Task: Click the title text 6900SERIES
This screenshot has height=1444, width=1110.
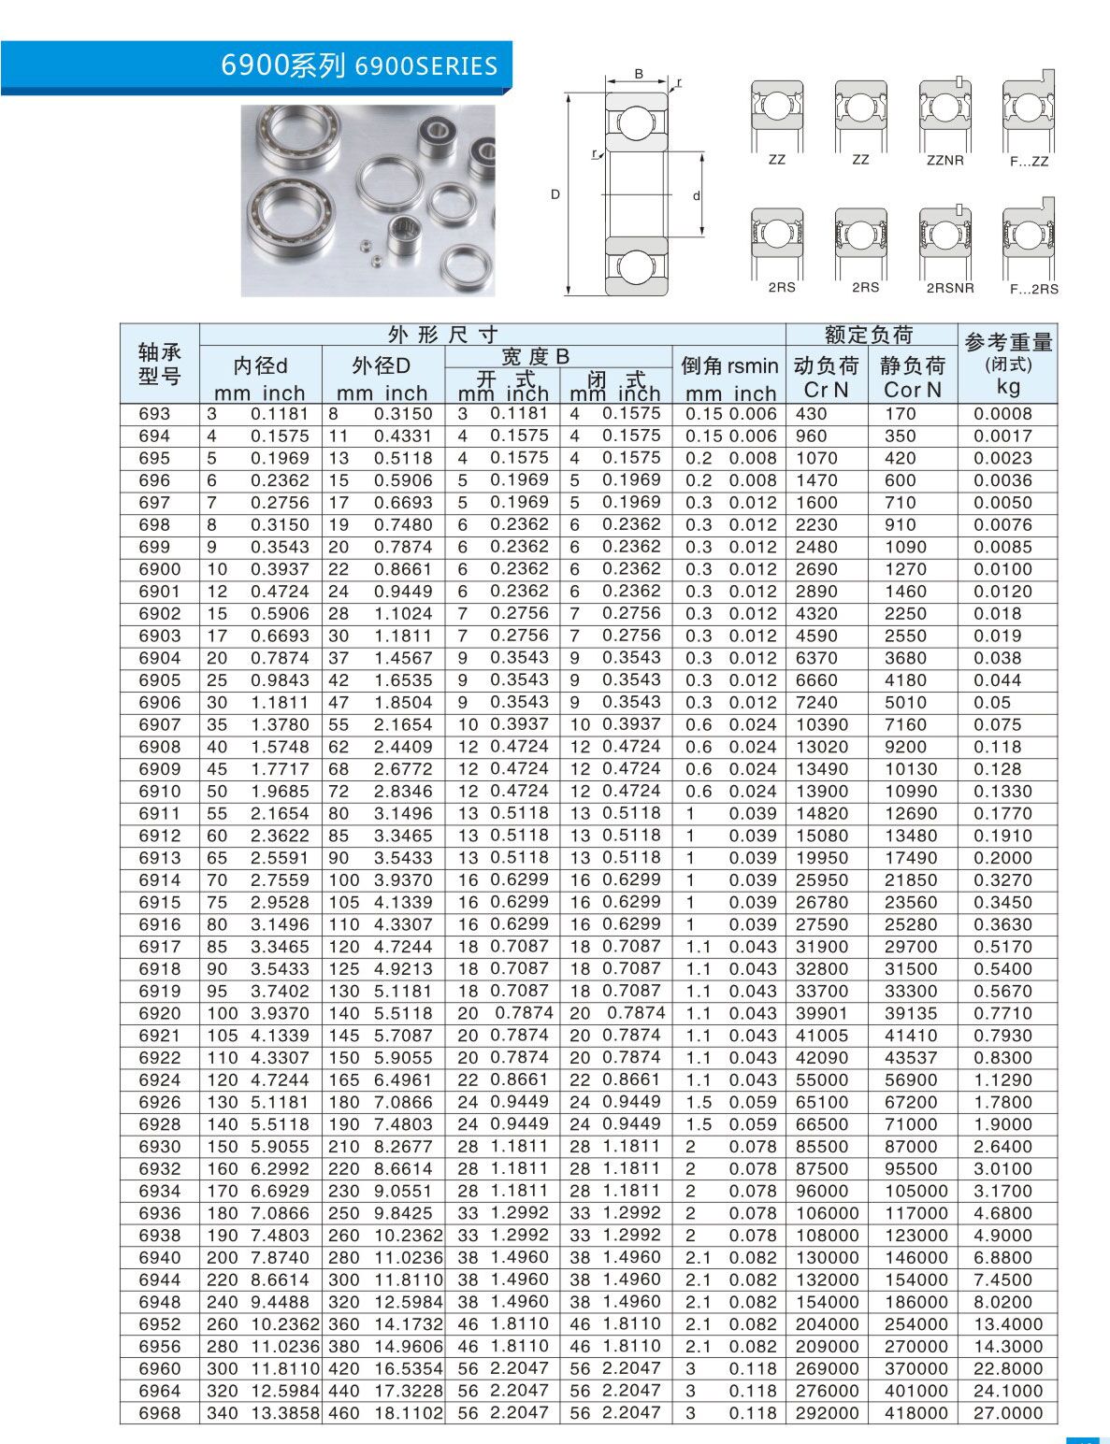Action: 426,66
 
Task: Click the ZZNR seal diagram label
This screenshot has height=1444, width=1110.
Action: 944,161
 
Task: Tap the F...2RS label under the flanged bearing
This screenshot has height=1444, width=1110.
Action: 1033,289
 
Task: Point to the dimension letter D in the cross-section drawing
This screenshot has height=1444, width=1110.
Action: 555,194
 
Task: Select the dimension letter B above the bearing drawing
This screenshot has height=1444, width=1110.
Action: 639,73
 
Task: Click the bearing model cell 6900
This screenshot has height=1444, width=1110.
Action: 159,569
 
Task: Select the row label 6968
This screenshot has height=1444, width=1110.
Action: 159,1413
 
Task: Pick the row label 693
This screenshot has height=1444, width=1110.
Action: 154,413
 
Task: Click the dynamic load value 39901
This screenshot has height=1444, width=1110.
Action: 822,1013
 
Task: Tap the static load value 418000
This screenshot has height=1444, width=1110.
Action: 916,1413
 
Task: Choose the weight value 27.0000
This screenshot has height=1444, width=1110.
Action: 1008,1413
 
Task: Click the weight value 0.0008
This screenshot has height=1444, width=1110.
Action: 1002,413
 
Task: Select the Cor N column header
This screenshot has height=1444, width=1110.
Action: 913,390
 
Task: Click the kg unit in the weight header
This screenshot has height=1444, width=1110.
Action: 1008,386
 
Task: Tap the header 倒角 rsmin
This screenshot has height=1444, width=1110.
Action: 729,365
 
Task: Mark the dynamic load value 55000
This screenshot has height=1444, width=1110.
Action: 822,1079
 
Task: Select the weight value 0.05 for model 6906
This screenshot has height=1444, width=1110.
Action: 992,703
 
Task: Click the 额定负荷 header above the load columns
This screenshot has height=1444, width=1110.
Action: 869,335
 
